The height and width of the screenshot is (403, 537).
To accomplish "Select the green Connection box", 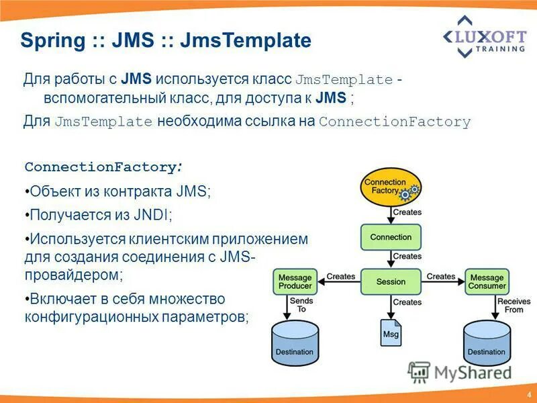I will click(391, 237).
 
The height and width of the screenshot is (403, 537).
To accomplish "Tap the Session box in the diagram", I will click(391, 281).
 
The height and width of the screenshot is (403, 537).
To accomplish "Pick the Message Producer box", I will click(295, 281).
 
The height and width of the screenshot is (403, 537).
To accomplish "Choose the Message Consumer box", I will click(487, 281).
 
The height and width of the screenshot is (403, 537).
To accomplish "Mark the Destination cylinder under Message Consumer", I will click(487, 343).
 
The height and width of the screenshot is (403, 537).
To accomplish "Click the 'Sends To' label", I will click(301, 306).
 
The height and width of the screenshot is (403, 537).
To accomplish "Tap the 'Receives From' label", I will click(514, 306).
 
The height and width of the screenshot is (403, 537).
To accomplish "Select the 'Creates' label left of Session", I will click(340, 277).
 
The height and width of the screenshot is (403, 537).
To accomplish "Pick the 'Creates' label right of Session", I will click(440, 277).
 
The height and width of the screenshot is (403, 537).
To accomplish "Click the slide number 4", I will click(529, 394).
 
